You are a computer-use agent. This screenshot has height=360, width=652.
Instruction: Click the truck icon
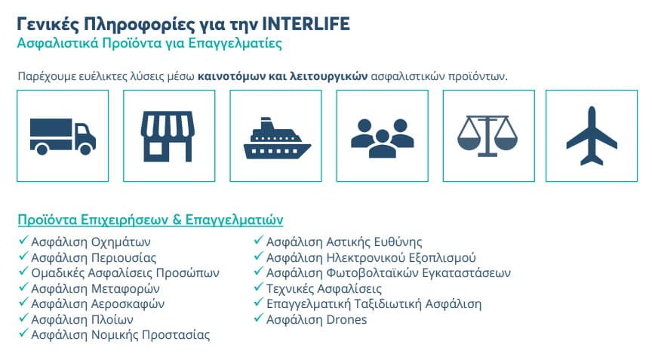tap(63, 136)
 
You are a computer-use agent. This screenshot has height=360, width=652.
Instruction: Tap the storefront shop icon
tap(168, 136)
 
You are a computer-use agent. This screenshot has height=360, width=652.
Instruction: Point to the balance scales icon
tap(487, 136)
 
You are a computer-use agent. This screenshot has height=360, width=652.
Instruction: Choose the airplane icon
tap(591, 136)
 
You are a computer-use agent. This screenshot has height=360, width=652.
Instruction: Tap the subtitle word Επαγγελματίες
tap(245, 43)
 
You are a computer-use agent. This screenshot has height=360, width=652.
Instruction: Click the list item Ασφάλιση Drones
tap(316, 319)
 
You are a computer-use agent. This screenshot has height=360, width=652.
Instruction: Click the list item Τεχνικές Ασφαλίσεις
tap(324, 288)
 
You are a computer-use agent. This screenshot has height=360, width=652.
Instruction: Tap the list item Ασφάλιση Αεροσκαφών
tap(97, 303)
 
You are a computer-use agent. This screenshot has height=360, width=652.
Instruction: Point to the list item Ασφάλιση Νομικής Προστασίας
tap(120, 334)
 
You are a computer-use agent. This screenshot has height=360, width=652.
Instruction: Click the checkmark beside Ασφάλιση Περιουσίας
tap(23, 257)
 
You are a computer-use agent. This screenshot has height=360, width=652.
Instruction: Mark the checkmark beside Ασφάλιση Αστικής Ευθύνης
tap(259, 242)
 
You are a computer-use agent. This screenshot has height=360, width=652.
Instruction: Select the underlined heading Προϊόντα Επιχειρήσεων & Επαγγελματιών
tap(150, 220)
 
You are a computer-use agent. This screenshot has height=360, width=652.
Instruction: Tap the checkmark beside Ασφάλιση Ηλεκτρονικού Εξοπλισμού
tap(259, 257)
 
